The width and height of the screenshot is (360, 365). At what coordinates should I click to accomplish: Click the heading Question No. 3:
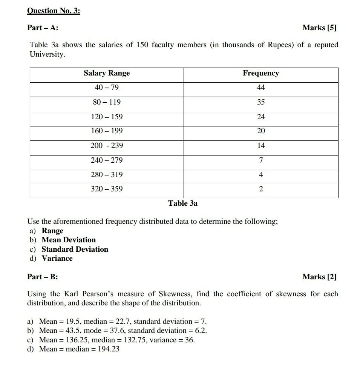tap(54, 11)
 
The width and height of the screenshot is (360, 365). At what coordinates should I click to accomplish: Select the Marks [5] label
tap(319, 28)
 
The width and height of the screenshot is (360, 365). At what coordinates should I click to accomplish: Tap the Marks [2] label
tap(319, 277)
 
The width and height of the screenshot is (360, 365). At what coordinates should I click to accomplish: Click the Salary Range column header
tap(107, 73)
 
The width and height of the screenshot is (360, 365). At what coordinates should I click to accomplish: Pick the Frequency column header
tap(261, 73)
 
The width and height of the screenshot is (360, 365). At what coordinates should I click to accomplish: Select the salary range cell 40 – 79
tap(107, 88)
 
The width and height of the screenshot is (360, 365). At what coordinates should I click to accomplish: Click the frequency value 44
tap(261, 88)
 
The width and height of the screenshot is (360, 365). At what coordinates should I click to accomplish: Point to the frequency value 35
tap(261, 102)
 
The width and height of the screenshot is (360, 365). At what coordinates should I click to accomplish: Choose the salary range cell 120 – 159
tap(107, 117)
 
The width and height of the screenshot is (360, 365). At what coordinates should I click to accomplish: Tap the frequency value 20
tap(261, 131)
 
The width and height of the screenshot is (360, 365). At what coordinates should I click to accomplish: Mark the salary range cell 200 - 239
tap(107, 146)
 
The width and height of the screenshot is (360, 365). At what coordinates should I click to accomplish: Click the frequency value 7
tap(261, 160)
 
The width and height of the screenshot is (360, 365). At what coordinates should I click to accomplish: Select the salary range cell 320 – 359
tap(107, 189)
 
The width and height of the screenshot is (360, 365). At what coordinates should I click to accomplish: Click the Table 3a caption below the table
tap(183, 203)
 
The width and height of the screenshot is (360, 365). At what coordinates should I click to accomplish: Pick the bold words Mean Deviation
tap(69, 240)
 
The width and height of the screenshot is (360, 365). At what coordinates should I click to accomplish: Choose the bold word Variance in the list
tap(57, 259)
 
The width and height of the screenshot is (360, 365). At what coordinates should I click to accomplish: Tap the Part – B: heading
tap(43, 277)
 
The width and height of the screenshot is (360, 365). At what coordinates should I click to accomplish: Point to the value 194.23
tap(109, 349)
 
